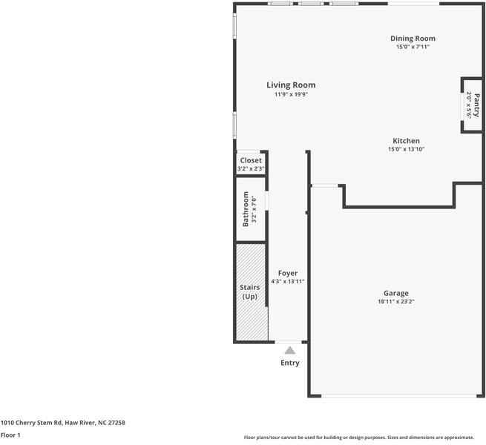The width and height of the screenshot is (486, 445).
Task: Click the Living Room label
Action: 291,85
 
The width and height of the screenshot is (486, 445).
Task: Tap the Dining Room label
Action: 413,39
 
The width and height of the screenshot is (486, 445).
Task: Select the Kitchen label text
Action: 406,141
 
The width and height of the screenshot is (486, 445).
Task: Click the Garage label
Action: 395,293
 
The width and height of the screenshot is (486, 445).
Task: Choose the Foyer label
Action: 287,273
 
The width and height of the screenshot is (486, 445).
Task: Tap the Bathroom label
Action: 246,209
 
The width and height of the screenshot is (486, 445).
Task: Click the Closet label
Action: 251,160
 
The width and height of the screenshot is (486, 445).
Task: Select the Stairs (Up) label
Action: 249,292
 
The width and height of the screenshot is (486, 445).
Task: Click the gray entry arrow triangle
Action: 290,350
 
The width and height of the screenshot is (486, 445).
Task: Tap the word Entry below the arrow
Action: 290,363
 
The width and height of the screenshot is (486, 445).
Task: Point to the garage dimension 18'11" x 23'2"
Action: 395,302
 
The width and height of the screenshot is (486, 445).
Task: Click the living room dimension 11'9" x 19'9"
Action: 291,94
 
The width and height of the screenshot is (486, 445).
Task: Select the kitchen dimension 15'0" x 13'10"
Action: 406,149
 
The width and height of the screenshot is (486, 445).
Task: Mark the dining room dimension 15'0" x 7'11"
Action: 413,47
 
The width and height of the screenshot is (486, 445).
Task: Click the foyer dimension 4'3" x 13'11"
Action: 287,282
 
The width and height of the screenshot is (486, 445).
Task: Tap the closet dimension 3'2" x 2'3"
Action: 251,169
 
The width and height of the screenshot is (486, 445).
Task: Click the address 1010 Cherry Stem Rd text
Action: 62,423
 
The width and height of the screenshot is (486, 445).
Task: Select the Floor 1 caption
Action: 10,435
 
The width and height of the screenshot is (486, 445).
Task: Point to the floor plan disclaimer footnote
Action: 358,438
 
